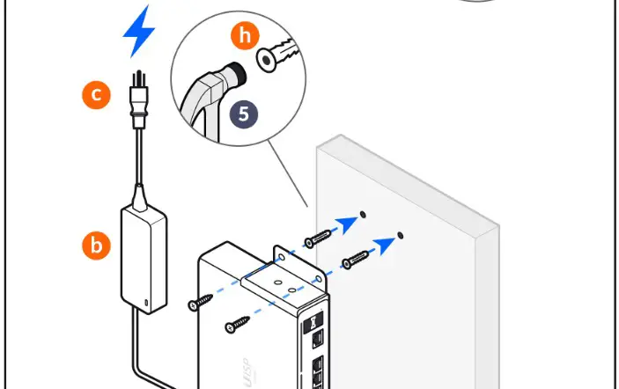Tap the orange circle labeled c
97,93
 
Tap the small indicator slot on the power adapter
147,302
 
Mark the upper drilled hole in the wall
365,214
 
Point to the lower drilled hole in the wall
401,235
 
